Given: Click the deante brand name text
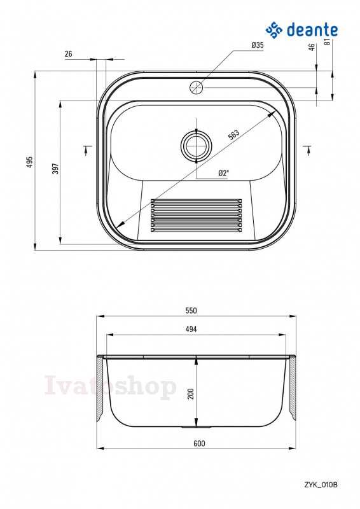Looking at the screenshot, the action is coord(312,29).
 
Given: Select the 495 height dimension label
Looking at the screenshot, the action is coord(30,162).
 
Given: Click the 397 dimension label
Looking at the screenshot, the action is coord(56,168).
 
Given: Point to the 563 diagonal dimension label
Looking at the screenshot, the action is coord(233,134).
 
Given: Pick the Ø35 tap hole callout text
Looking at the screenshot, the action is coord(258,45).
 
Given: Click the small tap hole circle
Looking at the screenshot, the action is coord(196,87).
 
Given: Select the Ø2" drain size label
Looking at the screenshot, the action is coord(223,173).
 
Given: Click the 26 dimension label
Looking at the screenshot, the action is coord(69,54).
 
